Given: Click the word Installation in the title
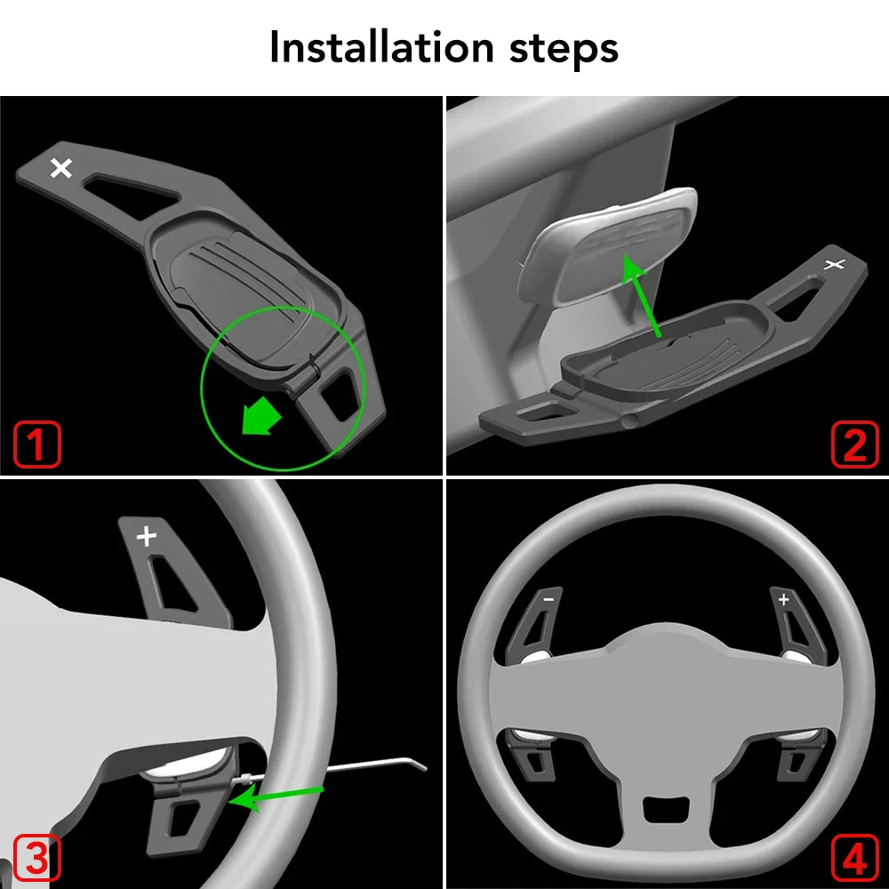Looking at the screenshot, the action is point(381,47).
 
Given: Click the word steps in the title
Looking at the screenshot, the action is point(564,49).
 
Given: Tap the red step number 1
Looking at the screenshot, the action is point(36,444).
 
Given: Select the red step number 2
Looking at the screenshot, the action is point(855,444).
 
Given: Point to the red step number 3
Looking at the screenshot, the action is point(36,858).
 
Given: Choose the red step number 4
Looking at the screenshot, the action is point(855,858).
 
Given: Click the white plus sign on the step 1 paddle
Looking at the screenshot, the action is point(61,168).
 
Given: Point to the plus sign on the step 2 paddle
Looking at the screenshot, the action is point(835,264).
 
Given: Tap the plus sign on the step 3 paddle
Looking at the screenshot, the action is point(147,536).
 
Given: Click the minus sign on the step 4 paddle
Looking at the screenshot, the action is point(549,598).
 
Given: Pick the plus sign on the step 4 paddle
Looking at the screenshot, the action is point(784,599).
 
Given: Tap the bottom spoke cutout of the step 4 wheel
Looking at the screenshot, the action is point(666,808).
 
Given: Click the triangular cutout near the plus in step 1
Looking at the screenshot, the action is point(132,195).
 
